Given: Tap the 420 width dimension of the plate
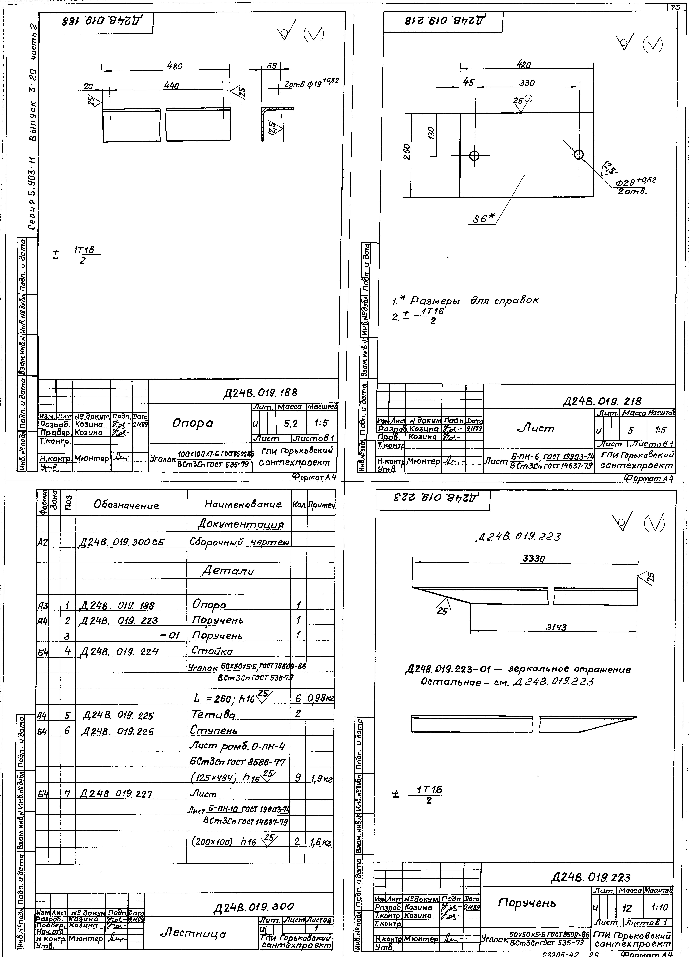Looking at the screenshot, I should coord(524,65).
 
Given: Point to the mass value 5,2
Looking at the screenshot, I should coord(291,423).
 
